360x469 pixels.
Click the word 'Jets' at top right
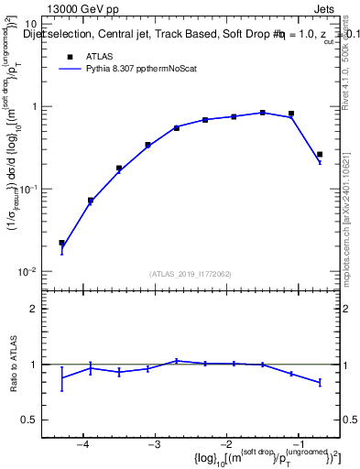click(325, 8)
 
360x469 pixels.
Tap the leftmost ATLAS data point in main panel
click(62, 243)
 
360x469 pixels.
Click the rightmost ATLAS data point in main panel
click(320, 155)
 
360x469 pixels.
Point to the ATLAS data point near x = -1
click(291, 114)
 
